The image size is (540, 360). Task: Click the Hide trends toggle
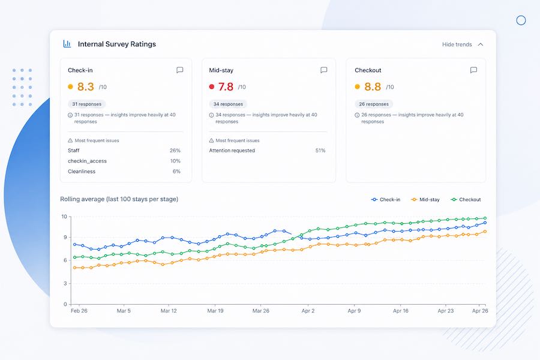point(463,44)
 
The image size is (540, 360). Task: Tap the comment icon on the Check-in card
point(180,70)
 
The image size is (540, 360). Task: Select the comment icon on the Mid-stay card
point(324,70)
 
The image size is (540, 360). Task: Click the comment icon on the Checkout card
point(473,70)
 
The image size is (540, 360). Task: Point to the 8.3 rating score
point(85,87)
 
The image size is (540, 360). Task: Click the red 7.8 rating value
point(226,87)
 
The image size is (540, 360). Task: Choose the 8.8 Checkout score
point(372,87)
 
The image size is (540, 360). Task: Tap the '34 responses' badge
point(228,104)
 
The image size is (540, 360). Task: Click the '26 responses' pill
point(374,104)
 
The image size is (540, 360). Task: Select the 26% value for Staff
point(175,151)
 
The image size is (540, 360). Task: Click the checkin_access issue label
point(87,161)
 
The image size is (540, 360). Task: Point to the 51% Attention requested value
point(320,151)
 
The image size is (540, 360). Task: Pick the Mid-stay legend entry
point(425,199)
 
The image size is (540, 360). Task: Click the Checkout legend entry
point(466,199)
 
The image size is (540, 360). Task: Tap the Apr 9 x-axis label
point(354,311)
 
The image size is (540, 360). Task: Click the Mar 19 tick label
point(215,311)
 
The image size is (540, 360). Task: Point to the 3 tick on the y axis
point(65,284)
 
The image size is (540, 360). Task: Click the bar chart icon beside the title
point(67,44)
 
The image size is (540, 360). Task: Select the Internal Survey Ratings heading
point(117,44)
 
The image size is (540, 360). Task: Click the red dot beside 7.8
point(211,87)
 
